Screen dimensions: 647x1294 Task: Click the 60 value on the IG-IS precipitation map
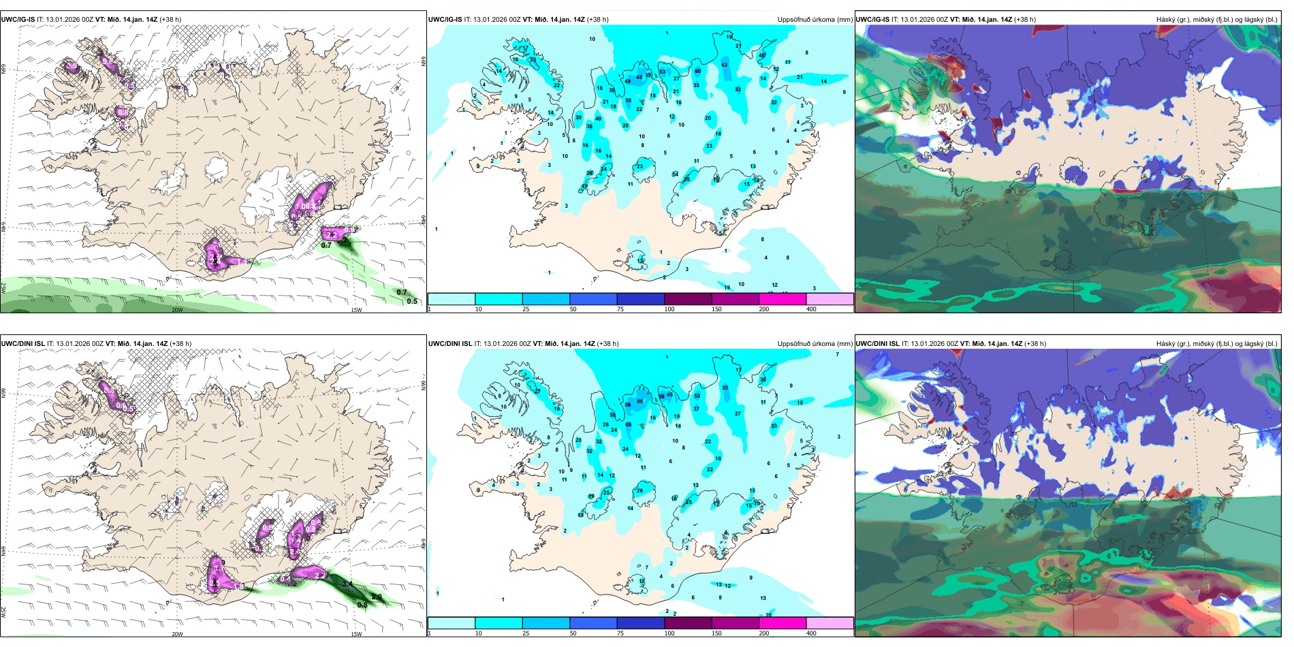pyautogui.click(x=697, y=71)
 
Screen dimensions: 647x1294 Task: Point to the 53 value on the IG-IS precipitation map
pyautogui.click(x=662, y=72)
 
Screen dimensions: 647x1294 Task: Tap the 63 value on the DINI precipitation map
pyautogui.click(x=628, y=424)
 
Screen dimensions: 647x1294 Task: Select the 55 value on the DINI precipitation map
pyautogui.click(x=640, y=402)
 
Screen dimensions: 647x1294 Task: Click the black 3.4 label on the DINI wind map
pyautogui.click(x=347, y=584)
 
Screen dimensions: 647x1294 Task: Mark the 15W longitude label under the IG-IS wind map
pyautogui.click(x=356, y=310)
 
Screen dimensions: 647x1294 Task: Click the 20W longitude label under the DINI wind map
pyautogui.click(x=177, y=634)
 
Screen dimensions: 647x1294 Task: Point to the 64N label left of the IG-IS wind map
pyautogui.click(x=3, y=226)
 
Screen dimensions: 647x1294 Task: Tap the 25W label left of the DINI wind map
pyautogui.click(x=3, y=612)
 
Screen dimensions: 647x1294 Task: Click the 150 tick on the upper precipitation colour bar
pyautogui.click(x=716, y=309)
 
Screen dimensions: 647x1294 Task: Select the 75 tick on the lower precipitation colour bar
pyautogui.click(x=620, y=633)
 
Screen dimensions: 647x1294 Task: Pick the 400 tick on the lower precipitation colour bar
pyautogui.click(x=811, y=633)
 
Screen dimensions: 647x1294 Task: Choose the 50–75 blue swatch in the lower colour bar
pyautogui.click(x=593, y=623)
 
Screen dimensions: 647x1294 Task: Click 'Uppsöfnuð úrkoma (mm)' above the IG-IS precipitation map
pyautogui.click(x=815, y=20)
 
